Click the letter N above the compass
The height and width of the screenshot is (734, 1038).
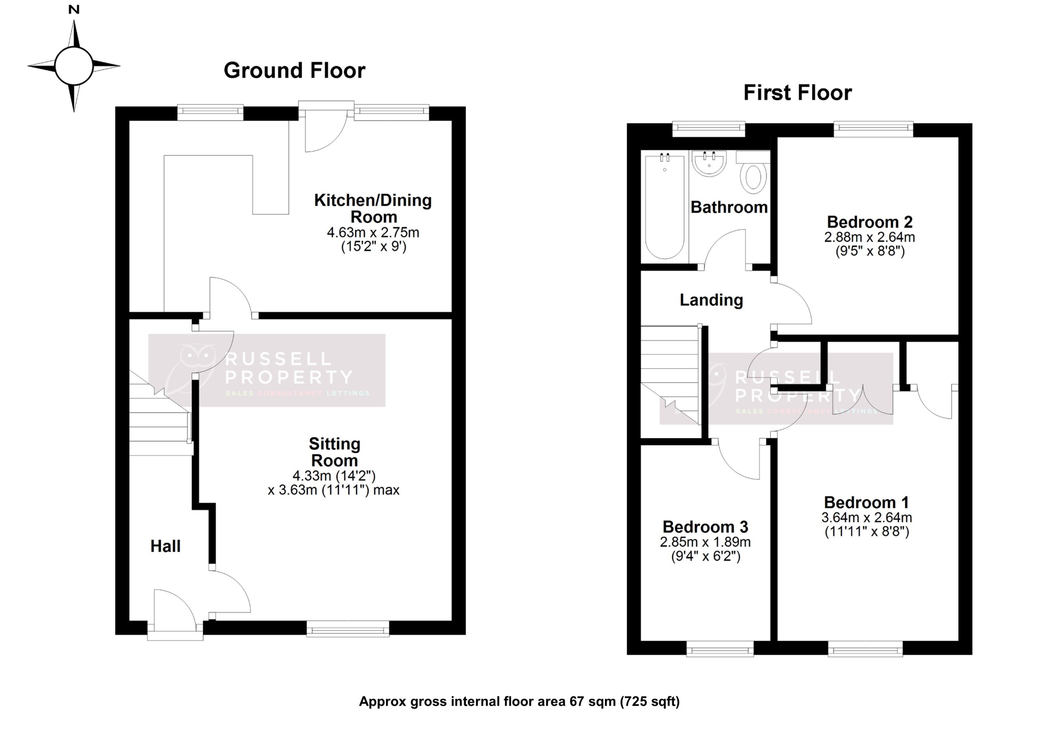pos(74,9)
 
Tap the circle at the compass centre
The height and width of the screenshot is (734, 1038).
pos(74,66)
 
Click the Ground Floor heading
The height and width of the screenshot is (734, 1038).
pos(294,71)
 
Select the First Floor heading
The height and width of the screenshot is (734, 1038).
pos(798,93)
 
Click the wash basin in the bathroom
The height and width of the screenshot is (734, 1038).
pos(709,164)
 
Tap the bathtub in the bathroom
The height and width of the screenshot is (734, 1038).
pos(665,207)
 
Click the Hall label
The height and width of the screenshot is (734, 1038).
pos(165,546)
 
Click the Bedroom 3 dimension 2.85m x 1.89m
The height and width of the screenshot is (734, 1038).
pos(705,542)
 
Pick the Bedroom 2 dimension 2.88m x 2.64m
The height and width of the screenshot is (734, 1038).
pos(869,237)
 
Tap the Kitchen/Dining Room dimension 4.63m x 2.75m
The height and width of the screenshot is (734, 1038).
pos(373,232)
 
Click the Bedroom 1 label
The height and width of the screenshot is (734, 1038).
pos(866,502)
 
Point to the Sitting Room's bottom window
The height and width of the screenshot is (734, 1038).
pos(347,629)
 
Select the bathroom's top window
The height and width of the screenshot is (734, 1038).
pos(708,129)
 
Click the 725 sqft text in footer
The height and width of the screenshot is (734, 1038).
pos(650,702)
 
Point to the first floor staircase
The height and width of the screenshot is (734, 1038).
pos(669,376)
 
